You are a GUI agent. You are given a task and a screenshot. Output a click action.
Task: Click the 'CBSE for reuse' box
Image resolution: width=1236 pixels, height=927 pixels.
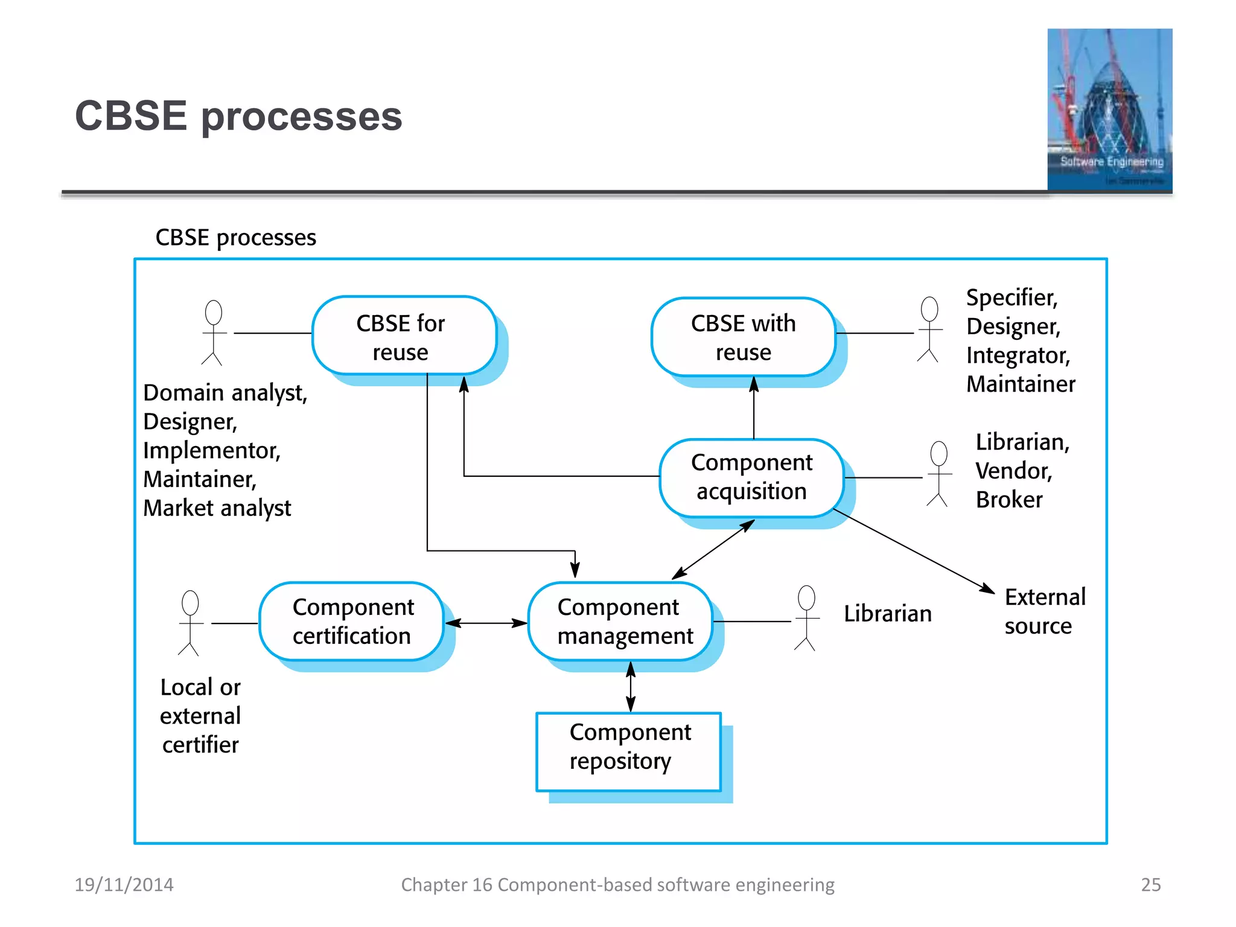tap(403, 336)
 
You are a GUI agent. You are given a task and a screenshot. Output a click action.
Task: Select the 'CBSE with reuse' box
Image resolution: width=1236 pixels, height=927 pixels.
tap(743, 337)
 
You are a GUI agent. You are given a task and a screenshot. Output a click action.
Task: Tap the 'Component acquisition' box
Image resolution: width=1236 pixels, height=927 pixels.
tap(751, 477)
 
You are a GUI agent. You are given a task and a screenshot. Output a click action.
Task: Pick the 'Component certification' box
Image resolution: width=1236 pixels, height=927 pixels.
tap(352, 621)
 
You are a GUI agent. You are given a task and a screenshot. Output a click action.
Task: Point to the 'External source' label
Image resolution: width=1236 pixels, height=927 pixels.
tap(1044, 611)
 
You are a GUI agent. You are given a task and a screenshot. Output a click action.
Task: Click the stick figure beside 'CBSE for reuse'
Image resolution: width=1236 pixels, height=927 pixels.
tap(213, 333)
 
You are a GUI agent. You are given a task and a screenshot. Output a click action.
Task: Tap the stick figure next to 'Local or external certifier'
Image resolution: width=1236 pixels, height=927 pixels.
tap(190, 623)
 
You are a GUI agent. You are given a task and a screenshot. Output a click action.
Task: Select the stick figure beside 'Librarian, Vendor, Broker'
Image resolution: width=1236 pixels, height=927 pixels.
tap(938, 474)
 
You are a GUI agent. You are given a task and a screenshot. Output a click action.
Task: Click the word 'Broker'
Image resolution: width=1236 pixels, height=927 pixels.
tap(1008, 500)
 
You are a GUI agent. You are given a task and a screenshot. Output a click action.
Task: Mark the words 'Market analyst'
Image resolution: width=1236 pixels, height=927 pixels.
tap(217, 508)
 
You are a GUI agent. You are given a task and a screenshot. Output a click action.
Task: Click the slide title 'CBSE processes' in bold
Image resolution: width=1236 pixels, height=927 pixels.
tap(238, 116)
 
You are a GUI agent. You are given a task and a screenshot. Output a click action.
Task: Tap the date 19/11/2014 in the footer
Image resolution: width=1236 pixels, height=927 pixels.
tap(124, 884)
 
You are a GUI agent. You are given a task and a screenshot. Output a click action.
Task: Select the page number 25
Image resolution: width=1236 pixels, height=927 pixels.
tap(1150, 884)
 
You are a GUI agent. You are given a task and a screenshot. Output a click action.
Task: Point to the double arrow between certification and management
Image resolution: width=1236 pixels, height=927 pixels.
tap(486, 623)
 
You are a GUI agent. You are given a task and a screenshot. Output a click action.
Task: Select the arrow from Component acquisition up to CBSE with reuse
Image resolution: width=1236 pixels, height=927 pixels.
tap(753, 408)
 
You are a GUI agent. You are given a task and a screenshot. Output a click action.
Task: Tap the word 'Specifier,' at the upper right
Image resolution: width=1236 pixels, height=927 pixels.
tap(1011, 298)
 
